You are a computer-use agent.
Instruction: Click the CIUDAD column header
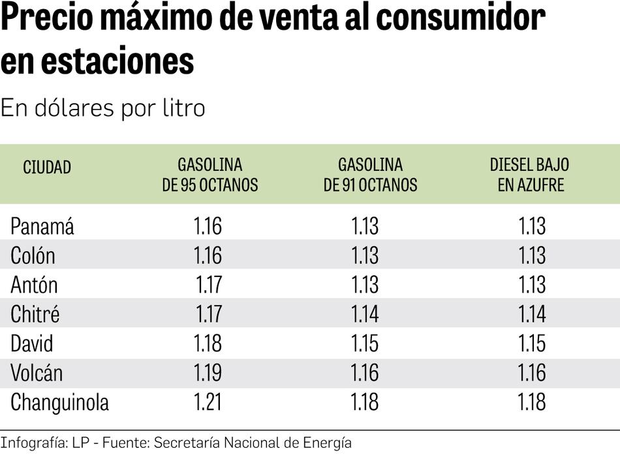47,168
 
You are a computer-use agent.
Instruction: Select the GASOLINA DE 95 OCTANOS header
210,175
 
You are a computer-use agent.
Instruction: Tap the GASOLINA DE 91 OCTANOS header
370,175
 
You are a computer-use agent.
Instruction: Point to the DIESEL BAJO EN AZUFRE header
530,175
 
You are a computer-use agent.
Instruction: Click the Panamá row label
42,227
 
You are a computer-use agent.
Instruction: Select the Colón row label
33,256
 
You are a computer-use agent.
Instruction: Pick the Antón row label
34,285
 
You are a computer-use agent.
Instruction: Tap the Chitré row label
35,314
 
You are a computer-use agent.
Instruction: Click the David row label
32,344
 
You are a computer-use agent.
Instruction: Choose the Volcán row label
37,373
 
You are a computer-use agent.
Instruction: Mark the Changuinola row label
59,403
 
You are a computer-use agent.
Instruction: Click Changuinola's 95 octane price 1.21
208,402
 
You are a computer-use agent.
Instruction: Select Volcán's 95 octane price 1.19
208,373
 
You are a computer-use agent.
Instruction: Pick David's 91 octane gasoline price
365,344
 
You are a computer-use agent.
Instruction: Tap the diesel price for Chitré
532,314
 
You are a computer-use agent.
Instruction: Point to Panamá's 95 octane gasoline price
208,226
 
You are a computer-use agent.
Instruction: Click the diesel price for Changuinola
532,402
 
